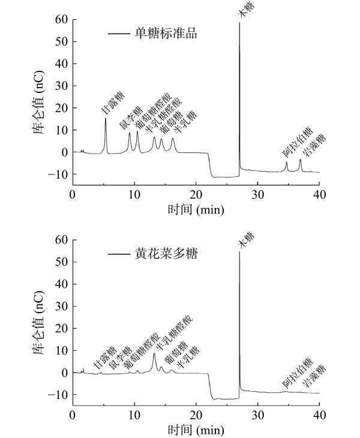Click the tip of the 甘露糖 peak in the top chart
point(106,119)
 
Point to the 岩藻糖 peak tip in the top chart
point(300,160)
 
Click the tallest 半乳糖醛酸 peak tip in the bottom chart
point(154,353)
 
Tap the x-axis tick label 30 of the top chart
point(257,194)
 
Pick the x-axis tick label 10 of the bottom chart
point(134,415)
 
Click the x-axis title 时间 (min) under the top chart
point(196,210)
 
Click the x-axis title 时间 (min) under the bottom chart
point(196,430)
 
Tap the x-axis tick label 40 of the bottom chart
point(319,415)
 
